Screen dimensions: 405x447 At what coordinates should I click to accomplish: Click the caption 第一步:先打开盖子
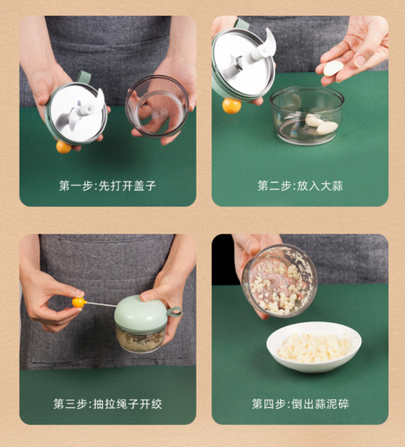click(107, 186)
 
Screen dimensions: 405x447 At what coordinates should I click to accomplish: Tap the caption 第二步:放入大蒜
click(300, 186)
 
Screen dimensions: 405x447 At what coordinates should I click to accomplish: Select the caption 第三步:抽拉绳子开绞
click(107, 404)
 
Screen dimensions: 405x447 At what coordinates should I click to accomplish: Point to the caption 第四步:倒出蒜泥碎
click(300, 404)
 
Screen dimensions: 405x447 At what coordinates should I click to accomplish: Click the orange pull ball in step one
click(63, 147)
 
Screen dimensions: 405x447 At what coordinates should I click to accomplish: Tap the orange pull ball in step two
click(231, 105)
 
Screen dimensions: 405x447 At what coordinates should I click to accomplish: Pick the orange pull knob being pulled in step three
click(79, 303)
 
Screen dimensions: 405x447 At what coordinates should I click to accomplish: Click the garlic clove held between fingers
click(333, 68)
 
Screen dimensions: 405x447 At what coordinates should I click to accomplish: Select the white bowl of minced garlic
click(314, 347)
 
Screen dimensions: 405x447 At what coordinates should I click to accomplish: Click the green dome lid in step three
click(141, 313)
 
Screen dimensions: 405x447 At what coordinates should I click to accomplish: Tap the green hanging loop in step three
click(174, 311)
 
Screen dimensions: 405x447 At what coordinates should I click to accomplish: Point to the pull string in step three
click(101, 304)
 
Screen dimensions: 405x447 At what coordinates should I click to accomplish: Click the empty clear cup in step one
click(157, 106)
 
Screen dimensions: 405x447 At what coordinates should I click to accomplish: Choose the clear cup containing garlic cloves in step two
click(307, 116)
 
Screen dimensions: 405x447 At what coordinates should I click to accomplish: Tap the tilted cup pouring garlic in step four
click(279, 281)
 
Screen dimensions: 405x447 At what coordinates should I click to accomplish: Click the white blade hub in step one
click(87, 109)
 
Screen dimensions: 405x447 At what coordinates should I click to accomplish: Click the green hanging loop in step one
click(84, 77)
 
